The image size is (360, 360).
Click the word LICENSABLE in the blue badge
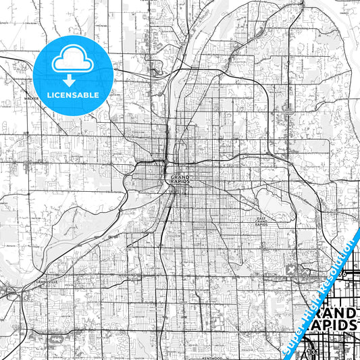pyautogui.click(x=73, y=95)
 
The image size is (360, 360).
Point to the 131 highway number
pyautogui.click(x=309, y=353)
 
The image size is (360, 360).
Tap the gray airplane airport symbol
pyautogui.click(x=291, y=269)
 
